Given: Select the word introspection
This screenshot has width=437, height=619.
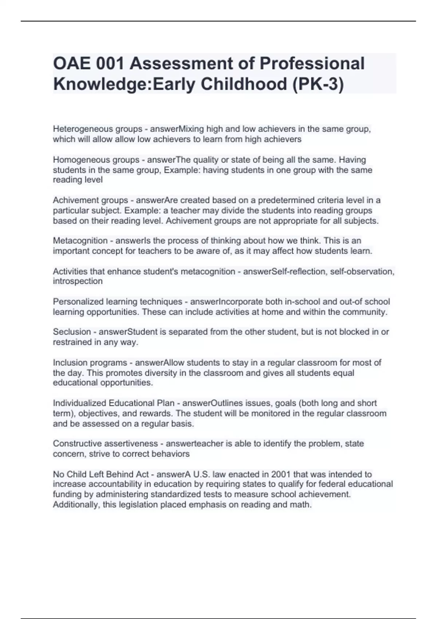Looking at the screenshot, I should click(x=78, y=281).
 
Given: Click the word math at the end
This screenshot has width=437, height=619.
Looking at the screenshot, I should click(x=302, y=505).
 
